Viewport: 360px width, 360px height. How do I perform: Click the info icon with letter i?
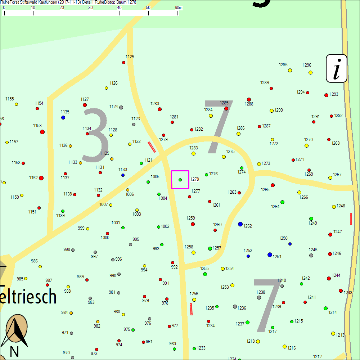point(337,68)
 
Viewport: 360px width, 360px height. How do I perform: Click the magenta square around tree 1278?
point(180,179)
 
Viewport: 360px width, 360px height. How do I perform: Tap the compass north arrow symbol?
point(15,329)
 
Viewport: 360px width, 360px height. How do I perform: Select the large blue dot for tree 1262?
point(240,224)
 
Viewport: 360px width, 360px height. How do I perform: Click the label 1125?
point(130,57)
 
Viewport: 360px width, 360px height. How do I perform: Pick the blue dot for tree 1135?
point(63,117)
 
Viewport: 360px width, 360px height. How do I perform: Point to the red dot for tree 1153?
point(42,132)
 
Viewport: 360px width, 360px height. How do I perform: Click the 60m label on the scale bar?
point(179,8)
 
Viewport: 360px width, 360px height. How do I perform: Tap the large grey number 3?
point(95,135)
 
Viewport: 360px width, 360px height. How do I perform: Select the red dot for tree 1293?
point(326,95)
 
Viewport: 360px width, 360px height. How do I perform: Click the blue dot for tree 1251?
point(270,255)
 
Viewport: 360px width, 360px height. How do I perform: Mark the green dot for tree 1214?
point(325,308)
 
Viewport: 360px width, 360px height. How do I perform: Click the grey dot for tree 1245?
point(311,255)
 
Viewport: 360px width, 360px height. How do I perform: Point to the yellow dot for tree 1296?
point(310,72)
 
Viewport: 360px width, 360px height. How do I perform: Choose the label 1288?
point(249,104)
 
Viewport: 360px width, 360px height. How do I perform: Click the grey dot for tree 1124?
point(121,107)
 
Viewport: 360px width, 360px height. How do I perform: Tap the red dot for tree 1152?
point(41,178)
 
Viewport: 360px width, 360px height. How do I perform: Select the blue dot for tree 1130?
point(123,175)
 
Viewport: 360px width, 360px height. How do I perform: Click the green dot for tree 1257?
point(210,248)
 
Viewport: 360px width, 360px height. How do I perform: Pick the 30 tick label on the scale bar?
point(90,8)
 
